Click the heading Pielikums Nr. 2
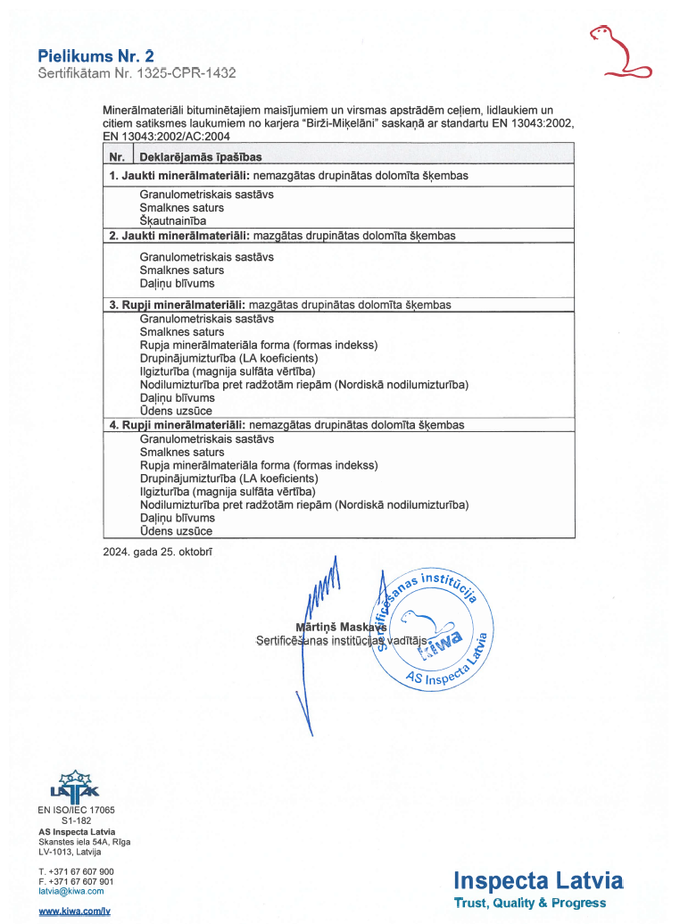click(90, 56)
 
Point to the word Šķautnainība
click(173, 221)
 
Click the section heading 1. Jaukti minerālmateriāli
click(178, 176)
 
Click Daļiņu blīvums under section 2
click(177, 283)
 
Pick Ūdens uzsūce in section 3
click(176, 411)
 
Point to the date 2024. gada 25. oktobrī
click(158, 551)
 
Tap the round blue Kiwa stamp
click(432, 629)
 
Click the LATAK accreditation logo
click(75, 786)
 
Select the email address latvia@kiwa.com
click(71, 891)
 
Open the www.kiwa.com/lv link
click(74, 911)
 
